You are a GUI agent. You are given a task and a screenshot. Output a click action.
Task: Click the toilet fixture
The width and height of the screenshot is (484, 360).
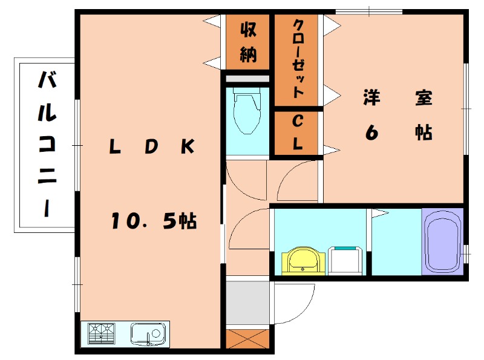coord(247,113)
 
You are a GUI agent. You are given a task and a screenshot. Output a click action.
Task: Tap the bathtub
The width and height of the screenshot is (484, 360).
coord(442,242)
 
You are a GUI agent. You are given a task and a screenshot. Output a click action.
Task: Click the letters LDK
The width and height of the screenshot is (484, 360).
coord(151,146)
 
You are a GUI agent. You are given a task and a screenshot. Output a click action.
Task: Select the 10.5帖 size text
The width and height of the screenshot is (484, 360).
coord(153,222)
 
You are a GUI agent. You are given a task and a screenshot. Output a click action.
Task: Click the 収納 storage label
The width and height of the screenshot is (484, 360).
coord(247,42)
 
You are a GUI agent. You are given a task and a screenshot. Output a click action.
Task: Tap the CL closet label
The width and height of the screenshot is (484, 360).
coord(298,132)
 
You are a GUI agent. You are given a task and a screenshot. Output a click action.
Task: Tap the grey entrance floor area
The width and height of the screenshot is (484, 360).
coord(247,303)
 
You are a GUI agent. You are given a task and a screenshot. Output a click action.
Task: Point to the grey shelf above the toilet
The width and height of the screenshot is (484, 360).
coord(247,79)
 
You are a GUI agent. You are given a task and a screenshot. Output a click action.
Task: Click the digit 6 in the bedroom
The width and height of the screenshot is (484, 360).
coord(371,133)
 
